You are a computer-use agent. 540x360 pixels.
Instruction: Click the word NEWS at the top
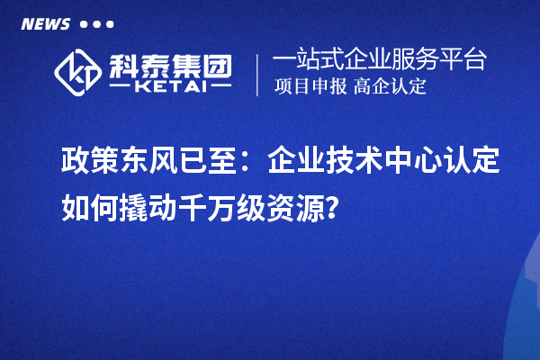pyautogui.click(x=45, y=23)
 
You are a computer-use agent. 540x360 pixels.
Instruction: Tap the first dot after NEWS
pyautogui.click(x=85, y=24)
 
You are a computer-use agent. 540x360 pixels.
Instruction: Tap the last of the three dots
pyautogui.click(x=110, y=24)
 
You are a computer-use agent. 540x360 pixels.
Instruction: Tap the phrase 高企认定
pyautogui.click(x=390, y=87)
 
